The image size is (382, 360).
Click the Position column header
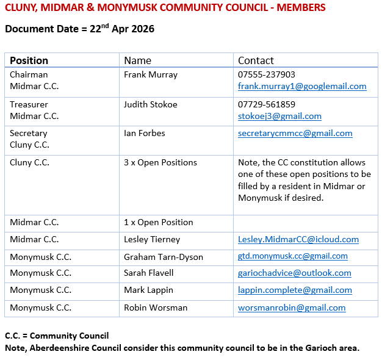tap(29, 60)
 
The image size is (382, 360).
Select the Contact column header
tap(256, 60)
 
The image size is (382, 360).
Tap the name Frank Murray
tap(151, 75)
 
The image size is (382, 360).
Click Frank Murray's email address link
tap(302, 87)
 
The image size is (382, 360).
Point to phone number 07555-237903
tap(267, 75)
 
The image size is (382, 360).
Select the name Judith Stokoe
tap(151, 104)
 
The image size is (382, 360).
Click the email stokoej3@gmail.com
tap(279, 116)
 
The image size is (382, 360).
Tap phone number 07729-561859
tap(267, 104)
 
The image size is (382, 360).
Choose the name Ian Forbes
tap(145, 133)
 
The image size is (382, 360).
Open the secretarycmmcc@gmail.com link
tap(295, 133)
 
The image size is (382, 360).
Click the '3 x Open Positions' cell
tap(160, 162)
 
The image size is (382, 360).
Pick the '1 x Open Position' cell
tap(159, 222)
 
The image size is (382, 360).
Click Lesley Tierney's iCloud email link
tap(298, 239)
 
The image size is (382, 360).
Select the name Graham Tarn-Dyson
tap(164, 256)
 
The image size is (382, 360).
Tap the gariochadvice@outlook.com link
tap(294, 273)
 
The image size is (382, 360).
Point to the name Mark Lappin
tap(148, 290)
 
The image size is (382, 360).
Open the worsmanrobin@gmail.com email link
tap(292, 308)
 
